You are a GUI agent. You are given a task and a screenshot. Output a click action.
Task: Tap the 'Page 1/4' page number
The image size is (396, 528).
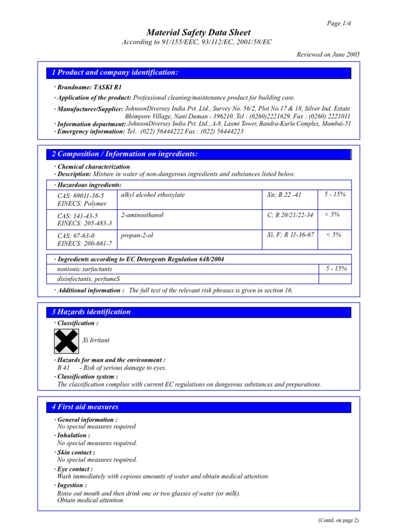[x=339, y=23]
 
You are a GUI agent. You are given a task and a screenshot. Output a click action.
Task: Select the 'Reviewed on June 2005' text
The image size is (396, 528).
[x=328, y=54]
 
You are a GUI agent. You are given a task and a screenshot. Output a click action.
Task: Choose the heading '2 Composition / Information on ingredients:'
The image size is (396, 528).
[x=125, y=154]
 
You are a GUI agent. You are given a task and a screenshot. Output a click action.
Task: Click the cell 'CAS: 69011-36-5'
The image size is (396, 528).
[x=80, y=196]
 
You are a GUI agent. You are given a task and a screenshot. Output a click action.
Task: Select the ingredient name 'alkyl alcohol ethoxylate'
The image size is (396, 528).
[x=153, y=195]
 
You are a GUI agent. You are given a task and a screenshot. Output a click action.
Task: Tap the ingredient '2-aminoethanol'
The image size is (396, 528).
[x=142, y=215]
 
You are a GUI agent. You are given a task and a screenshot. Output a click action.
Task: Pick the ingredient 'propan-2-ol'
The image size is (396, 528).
[x=137, y=235]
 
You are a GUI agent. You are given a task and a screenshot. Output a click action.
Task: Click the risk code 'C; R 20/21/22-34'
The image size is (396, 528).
[x=290, y=215]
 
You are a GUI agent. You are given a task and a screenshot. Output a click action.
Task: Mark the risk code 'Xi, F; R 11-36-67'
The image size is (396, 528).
[x=290, y=235]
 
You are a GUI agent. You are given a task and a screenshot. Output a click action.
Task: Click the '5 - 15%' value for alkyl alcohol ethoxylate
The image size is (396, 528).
[x=335, y=194]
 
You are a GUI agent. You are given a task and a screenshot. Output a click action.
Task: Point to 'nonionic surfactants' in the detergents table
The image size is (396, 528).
[x=85, y=269]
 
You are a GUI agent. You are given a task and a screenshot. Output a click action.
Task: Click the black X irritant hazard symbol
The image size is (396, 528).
[x=67, y=340]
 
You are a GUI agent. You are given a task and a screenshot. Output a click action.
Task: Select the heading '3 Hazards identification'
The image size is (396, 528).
[x=91, y=312]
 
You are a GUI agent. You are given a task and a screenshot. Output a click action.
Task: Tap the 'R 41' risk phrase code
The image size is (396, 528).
[x=63, y=368]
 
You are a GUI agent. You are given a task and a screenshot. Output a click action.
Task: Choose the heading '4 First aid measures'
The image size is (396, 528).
[x=86, y=407]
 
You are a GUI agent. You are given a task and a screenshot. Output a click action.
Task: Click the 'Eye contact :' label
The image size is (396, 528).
[x=75, y=469]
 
